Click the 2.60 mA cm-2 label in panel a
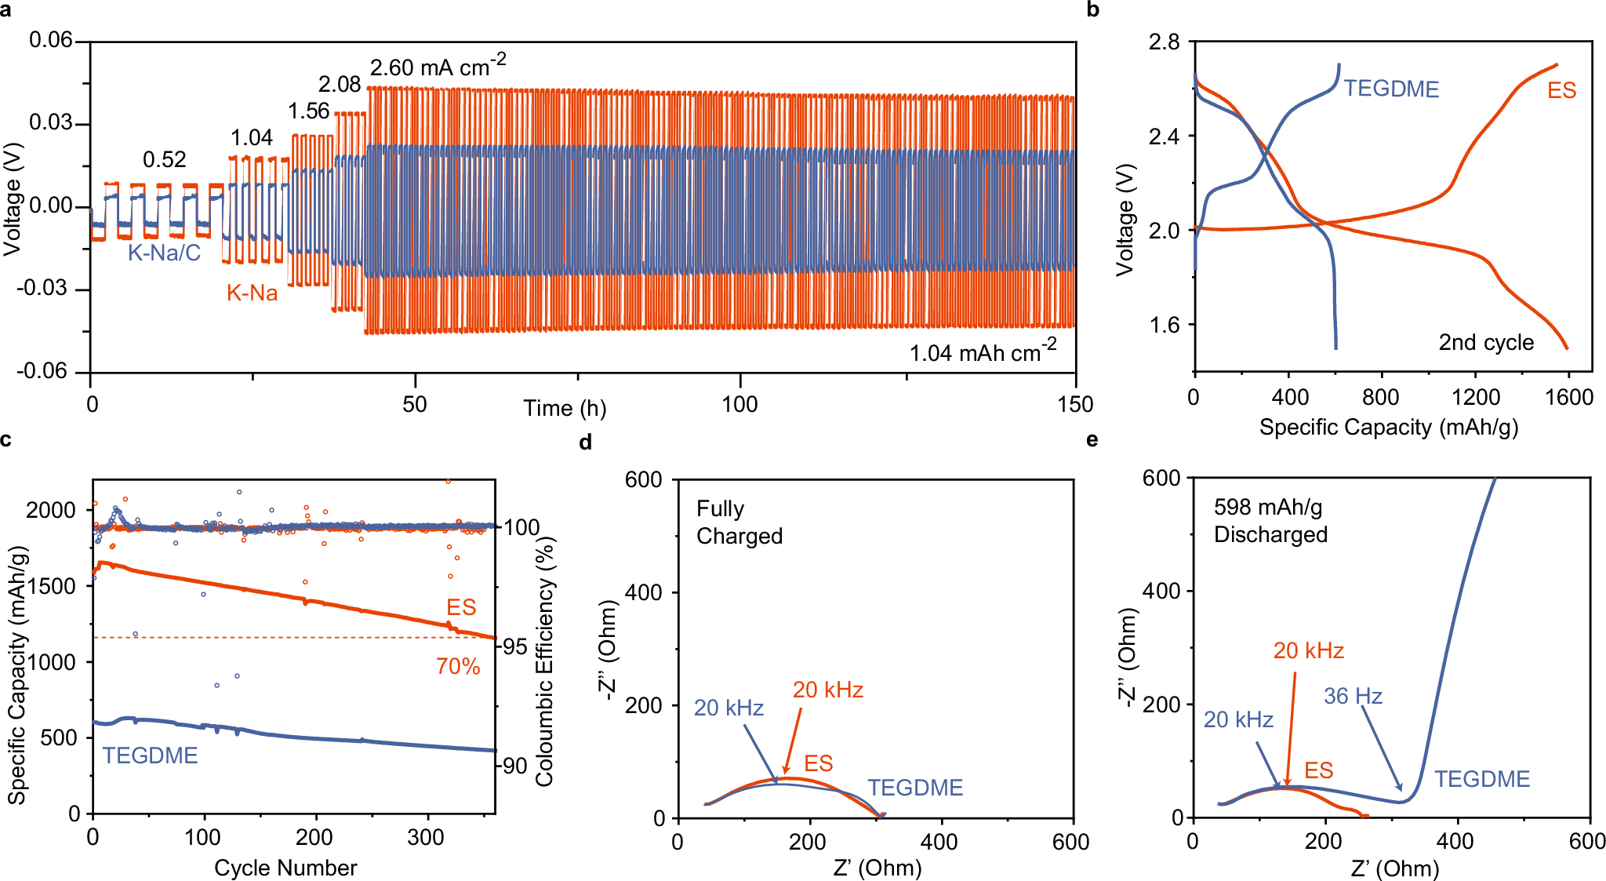pyautogui.click(x=438, y=67)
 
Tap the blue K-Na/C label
pyautogui.click(x=164, y=253)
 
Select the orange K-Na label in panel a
pyautogui.click(x=252, y=293)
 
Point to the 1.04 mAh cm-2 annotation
pyautogui.click(x=983, y=351)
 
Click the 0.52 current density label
pyautogui.click(x=164, y=160)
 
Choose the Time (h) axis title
pyautogui.click(x=565, y=408)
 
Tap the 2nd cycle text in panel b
pyautogui.click(x=1485, y=343)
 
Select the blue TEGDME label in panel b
pyautogui.click(x=1391, y=89)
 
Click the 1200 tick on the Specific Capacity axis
pyautogui.click(x=1475, y=398)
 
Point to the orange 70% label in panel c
pyautogui.click(x=458, y=667)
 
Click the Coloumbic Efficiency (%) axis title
pyautogui.click(x=544, y=661)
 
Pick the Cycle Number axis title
pyautogui.click(x=285, y=868)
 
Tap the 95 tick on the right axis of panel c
pyautogui.click(x=515, y=647)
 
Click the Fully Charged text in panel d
pyautogui.click(x=739, y=522)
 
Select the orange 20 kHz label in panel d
pyautogui.click(x=827, y=690)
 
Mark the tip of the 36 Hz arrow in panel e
pyautogui.click(x=1401, y=792)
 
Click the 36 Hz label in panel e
pyautogui.click(x=1353, y=696)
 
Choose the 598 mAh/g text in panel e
pyautogui.click(x=1268, y=508)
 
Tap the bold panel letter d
pyautogui.click(x=585, y=443)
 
